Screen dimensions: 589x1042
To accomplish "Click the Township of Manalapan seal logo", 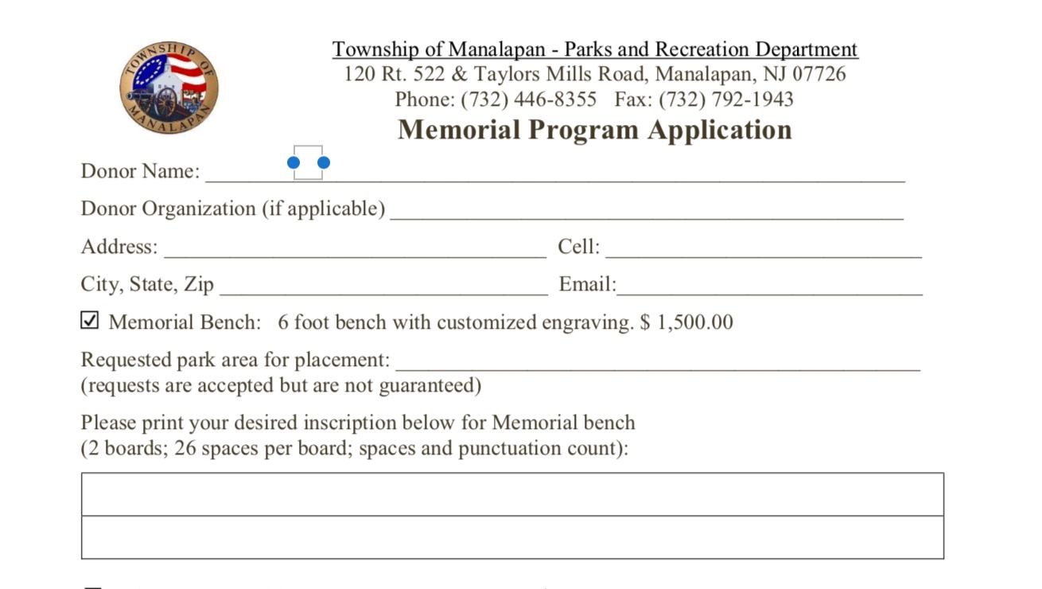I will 169,88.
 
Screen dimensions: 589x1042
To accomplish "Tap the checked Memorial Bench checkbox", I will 90,321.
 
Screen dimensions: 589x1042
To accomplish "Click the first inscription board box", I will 512,494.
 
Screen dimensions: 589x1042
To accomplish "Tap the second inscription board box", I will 512,537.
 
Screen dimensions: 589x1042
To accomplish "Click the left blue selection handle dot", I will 294,163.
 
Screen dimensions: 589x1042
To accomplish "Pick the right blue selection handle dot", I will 324,163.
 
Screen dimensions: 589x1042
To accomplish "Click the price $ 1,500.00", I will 686,322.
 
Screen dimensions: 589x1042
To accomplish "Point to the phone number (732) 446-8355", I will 528,99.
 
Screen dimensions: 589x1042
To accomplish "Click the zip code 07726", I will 818,75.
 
